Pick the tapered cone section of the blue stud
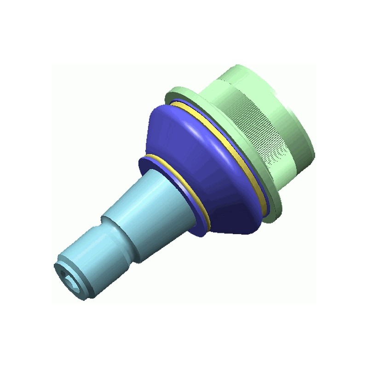(x=147, y=202)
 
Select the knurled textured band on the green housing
(x=258, y=124)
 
